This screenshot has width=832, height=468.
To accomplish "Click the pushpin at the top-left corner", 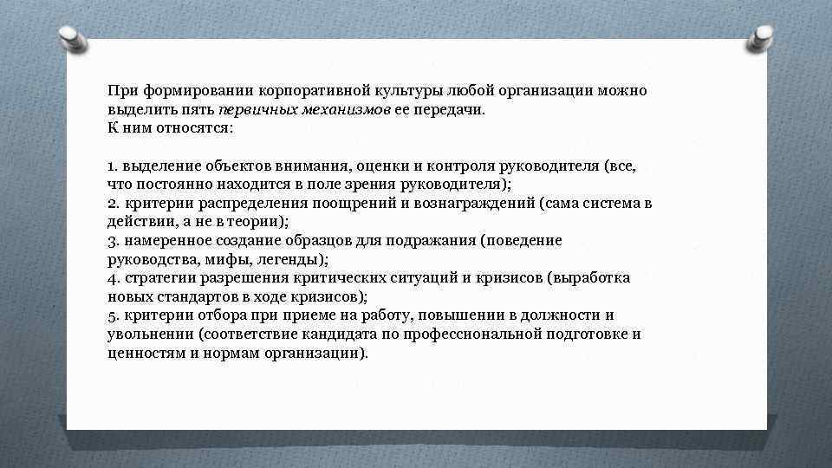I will (71, 37).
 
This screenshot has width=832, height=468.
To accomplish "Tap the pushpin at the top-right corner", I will (764, 37).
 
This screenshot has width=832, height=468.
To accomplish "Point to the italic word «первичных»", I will (252, 110).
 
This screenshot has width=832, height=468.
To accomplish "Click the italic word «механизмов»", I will (340, 110).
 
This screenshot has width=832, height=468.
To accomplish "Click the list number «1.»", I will (113, 165).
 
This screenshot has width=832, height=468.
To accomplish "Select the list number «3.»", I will (113, 240).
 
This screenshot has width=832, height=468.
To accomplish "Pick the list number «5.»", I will (114, 315).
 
